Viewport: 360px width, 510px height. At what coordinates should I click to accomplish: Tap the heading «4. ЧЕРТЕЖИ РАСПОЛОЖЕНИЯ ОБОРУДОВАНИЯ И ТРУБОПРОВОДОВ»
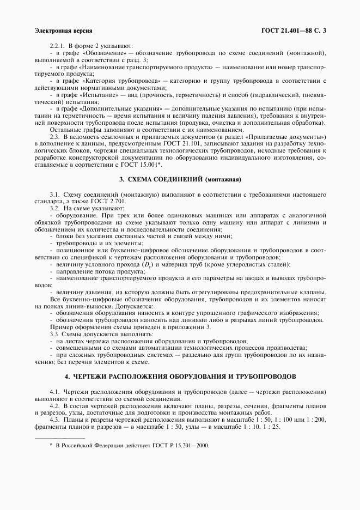click(x=180, y=377)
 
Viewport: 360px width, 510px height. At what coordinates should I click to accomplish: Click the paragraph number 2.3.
click(x=56, y=136)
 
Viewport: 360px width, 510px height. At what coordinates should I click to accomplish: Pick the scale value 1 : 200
click(x=315, y=419)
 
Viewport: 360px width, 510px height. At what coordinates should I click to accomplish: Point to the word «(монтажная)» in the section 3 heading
click(x=222, y=179)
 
